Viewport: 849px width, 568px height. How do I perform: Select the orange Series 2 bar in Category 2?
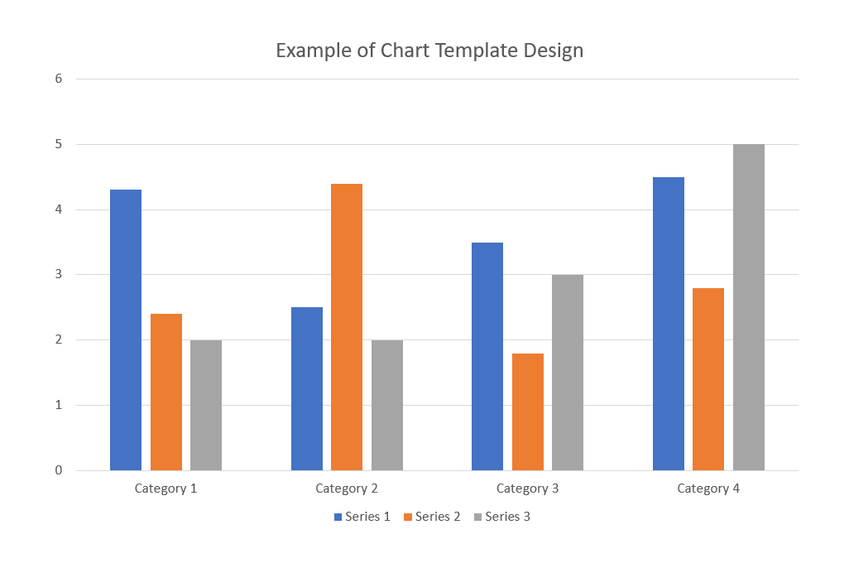347,327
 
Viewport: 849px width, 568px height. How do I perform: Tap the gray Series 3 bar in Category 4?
749,307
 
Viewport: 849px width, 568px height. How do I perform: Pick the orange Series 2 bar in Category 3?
528,412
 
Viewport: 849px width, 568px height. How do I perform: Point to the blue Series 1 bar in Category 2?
307,388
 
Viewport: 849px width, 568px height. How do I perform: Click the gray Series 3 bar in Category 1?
206,405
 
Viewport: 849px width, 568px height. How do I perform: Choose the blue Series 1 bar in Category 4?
669,324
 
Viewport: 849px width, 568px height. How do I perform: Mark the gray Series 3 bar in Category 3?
568,373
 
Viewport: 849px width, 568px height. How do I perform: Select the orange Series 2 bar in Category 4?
708,379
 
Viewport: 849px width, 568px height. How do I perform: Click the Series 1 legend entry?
362,517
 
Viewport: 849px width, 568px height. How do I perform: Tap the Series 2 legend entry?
432,517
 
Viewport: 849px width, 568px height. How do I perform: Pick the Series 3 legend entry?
501,517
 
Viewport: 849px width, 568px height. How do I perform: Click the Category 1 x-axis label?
165,489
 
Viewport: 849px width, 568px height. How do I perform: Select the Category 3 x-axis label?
528,489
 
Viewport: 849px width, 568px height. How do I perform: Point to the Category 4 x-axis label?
708,489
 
